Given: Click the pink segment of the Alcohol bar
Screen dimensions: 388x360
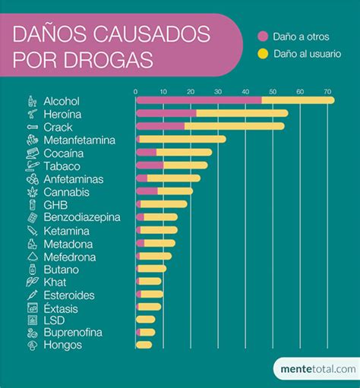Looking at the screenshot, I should pyautogui.click(x=199, y=100).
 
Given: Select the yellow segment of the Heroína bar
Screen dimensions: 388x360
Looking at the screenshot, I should pyautogui.click(x=242, y=113).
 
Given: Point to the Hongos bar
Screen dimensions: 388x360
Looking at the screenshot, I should pyautogui.click(x=144, y=345).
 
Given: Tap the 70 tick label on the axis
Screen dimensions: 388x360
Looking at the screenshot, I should pyautogui.click(x=328, y=92).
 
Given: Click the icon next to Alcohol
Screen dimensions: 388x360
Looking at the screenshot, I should pyautogui.click(x=31, y=101).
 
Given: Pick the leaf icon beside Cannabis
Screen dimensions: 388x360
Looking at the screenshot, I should pyautogui.click(x=32, y=191).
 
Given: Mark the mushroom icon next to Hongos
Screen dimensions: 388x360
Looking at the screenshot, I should pyautogui.click(x=32, y=345).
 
